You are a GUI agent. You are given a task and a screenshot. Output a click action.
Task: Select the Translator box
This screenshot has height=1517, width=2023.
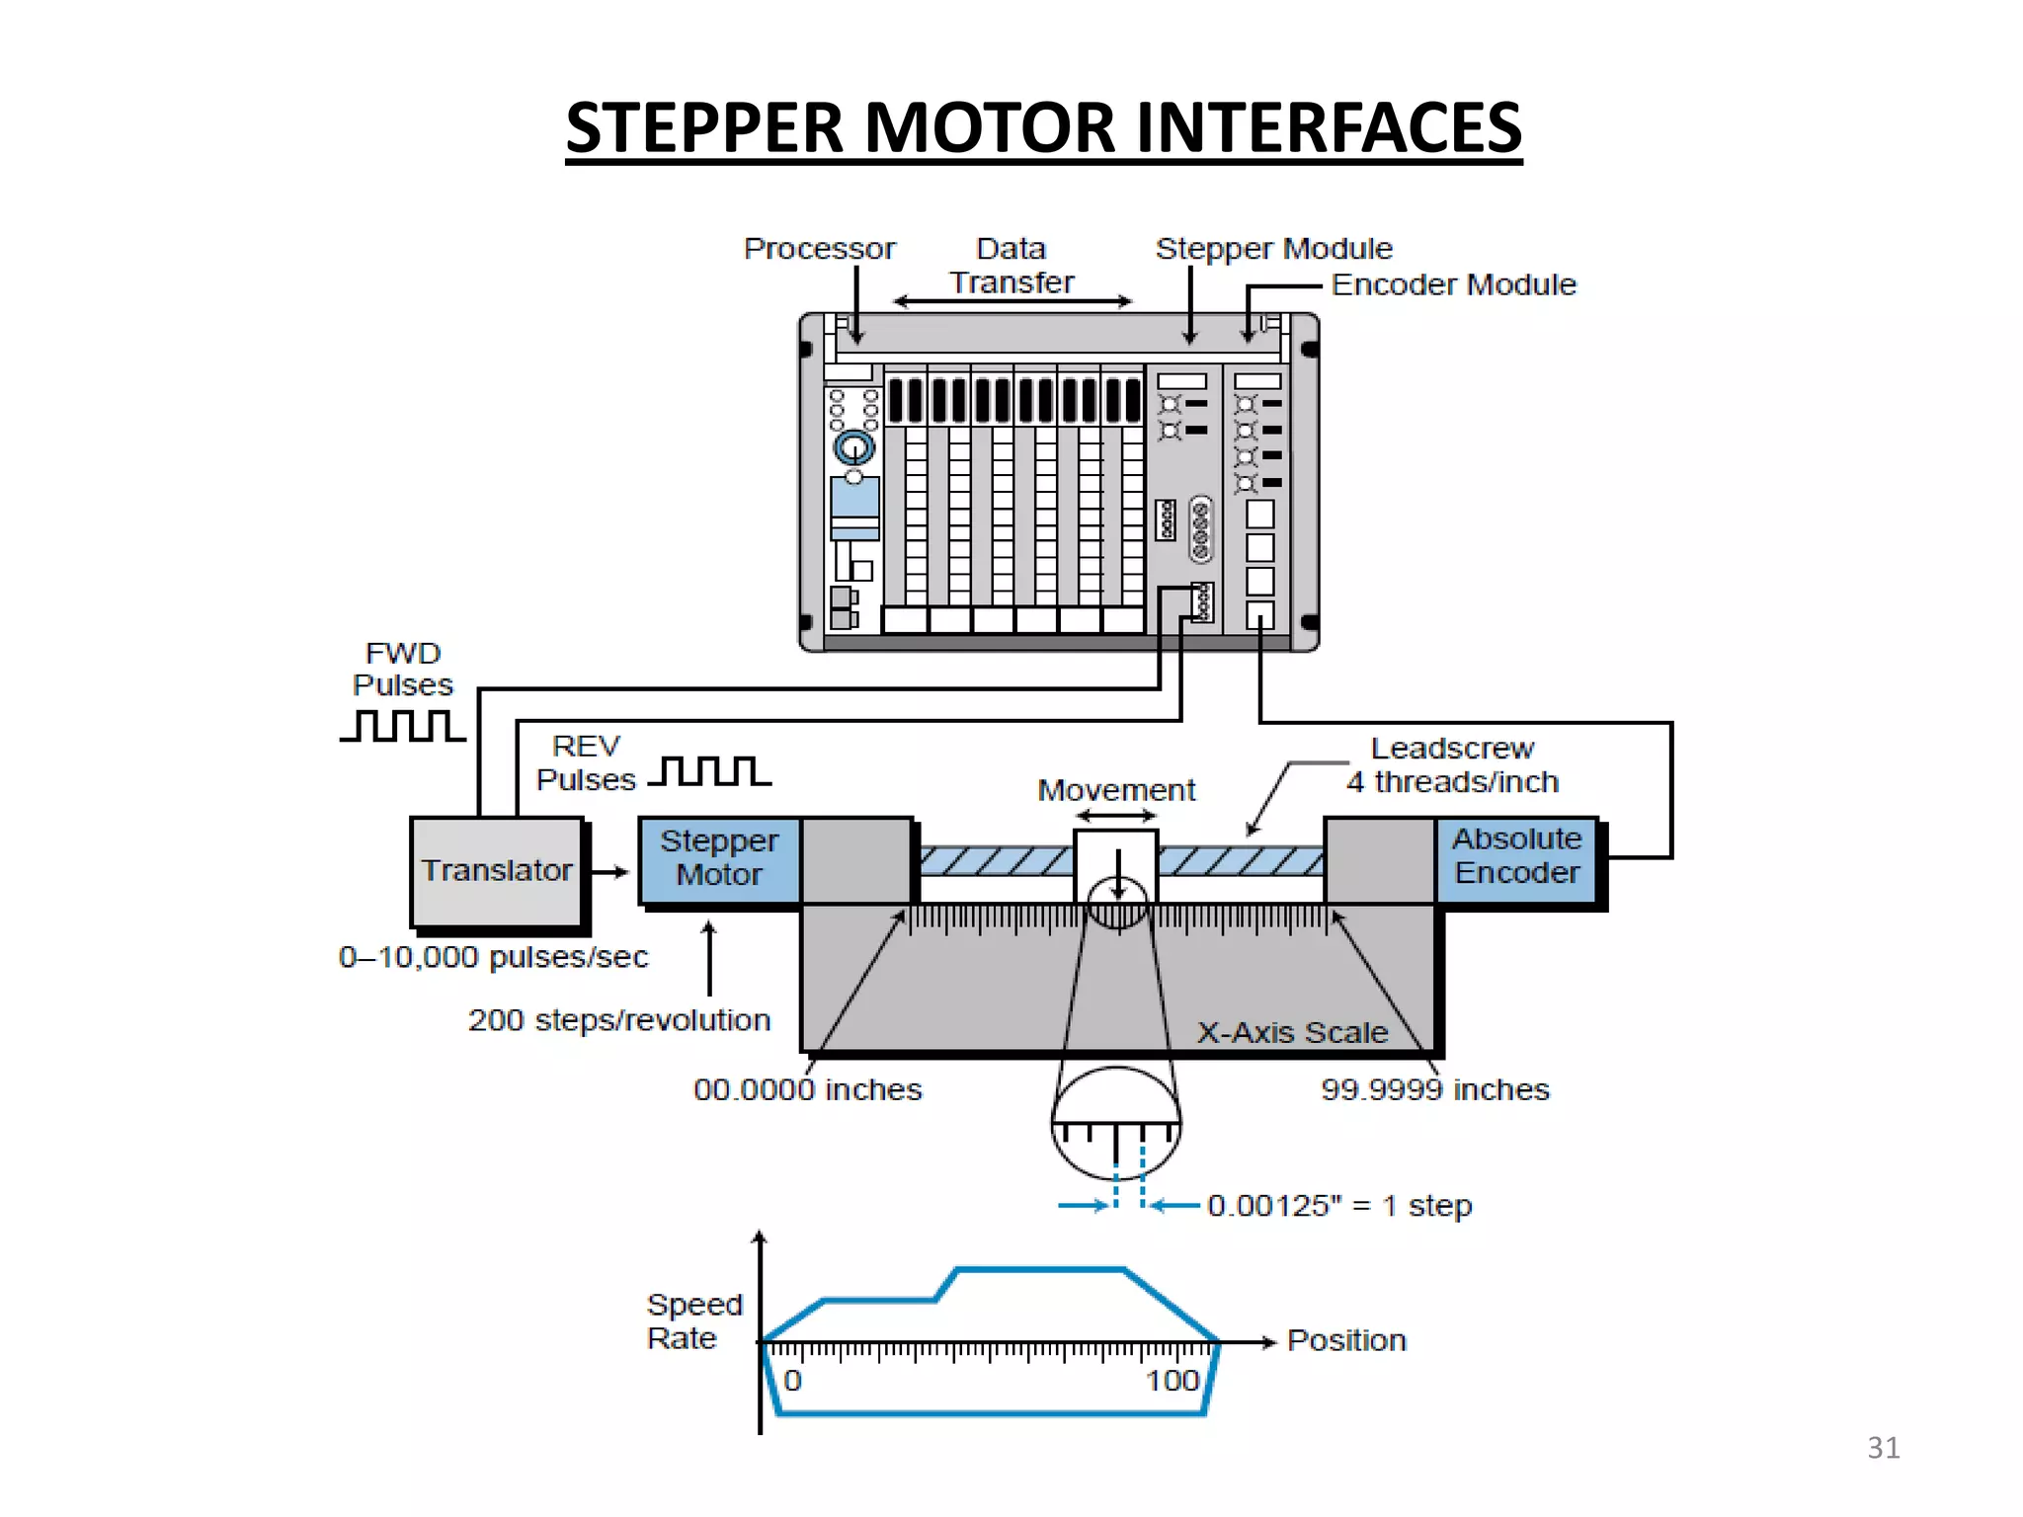497,871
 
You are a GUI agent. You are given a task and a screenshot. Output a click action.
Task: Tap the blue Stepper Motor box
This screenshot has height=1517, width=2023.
719,858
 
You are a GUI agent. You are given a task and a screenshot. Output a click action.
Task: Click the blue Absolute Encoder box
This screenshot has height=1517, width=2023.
1516,857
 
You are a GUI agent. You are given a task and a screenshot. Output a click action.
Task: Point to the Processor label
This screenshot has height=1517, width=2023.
819,249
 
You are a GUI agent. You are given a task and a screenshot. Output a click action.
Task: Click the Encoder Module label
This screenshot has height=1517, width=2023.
1453,285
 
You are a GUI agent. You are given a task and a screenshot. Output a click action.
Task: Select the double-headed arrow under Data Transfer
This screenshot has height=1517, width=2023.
1011,301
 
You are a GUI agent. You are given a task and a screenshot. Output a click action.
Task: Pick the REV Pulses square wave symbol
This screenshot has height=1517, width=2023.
710,771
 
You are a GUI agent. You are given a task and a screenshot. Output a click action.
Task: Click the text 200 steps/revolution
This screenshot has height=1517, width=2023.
619,1020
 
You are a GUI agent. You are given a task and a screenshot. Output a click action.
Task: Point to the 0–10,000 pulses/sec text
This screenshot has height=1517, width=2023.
493,957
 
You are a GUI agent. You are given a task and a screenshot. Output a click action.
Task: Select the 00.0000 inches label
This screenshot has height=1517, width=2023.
807,1090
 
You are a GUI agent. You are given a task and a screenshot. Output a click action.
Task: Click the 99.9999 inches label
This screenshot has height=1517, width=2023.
1434,1090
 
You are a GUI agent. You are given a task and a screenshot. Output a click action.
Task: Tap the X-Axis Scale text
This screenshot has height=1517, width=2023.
1292,1033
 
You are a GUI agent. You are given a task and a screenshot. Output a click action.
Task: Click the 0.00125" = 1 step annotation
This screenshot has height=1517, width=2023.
1338,1206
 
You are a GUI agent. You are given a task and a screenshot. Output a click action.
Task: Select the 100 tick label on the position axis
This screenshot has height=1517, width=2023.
1172,1381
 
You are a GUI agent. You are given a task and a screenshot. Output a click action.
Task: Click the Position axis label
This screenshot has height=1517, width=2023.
1346,1341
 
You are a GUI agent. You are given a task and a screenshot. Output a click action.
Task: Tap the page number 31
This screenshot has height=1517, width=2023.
1883,1448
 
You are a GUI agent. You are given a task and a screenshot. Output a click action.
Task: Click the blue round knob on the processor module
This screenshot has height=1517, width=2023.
854,448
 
